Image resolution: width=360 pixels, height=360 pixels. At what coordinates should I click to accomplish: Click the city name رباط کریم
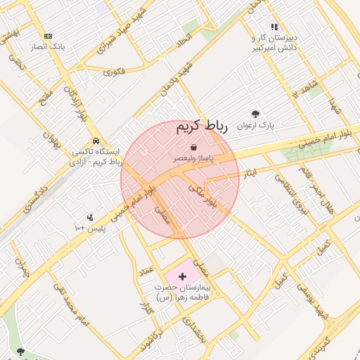[x=202, y=127]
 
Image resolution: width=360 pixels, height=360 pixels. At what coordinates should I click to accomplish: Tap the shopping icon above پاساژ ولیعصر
[x=193, y=147]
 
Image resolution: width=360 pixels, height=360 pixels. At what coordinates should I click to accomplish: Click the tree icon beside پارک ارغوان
[x=255, y=114]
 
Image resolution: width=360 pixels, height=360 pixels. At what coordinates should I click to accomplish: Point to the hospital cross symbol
[x=184, y=277]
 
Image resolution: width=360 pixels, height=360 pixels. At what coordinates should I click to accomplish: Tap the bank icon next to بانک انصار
[x=48, y=36]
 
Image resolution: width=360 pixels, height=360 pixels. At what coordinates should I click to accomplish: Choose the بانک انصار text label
[x=48, y=47]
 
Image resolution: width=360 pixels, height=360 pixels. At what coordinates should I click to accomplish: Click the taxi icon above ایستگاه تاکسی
[x=94, y=139]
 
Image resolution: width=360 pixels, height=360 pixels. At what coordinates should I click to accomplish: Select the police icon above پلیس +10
[x=89, y=218]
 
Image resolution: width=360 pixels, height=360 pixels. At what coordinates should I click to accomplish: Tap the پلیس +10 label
[x=89, y=229]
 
